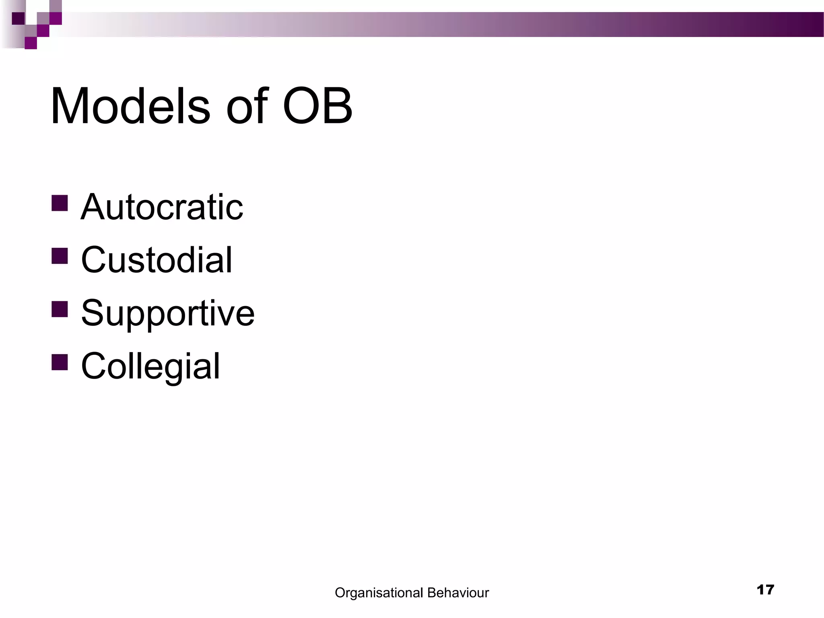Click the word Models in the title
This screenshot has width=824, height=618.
pyautogui.click(x=130, y=107)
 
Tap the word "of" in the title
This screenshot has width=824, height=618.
pyautogui.click(x=247, y=107)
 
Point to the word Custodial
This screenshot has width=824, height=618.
pyautogui.click(x=157, y=260)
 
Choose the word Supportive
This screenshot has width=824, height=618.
pyautogui.click(x=168, y=313)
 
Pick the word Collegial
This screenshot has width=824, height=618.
pyautogui.click(x=150, y=367)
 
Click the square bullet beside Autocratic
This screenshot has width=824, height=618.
pyautogui.click(x=60, y=203)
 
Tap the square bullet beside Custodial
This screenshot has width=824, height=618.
pyautogui.click(x=60, y=256)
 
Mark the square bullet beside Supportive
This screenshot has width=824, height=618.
pyautogui.click(x=60, y=309)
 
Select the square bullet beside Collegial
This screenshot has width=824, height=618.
pyautogui.click(x=60, y=362)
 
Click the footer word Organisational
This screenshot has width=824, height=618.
pyautogui.click(x=379, y=593)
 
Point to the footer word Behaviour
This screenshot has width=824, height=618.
pyautogui.click(x=458, y=593)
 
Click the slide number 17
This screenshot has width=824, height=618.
pyautogui.click(x=765, y=590)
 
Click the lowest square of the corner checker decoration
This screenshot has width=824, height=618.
pyautogui.click(x=31, y=43)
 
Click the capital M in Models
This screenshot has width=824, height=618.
pyautogui.click(x=70, y=107)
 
